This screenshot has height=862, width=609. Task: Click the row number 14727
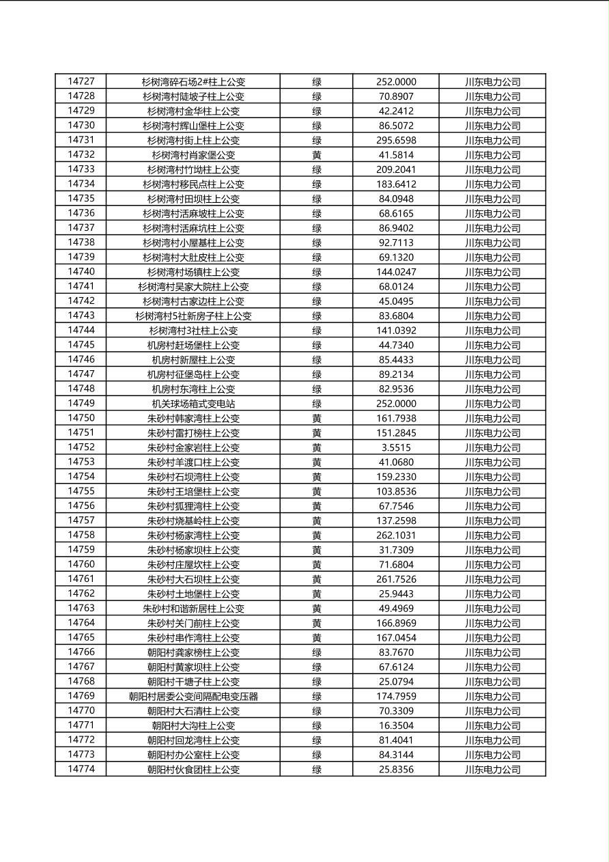coord(81,81)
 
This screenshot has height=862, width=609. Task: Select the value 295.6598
coord(396,140)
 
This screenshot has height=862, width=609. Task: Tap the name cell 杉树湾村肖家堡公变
coord(193,155)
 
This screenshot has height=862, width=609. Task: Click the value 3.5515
coord(396,447)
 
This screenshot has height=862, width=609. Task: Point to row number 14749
coord(81,403)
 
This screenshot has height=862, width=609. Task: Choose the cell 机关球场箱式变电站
coord(193,404)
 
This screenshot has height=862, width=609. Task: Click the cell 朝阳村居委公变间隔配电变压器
coord(193,696)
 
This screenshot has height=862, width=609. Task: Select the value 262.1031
coord(396,535)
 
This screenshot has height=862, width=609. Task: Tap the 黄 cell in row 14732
coord(317,155)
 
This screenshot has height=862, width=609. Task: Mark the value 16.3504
coord(396,725)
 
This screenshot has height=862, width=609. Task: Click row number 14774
coord(81,769)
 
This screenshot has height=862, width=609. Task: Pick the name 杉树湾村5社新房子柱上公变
coord(193,316)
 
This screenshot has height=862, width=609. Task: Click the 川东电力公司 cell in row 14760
coord(492,564)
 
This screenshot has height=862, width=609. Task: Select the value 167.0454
coord(396,637)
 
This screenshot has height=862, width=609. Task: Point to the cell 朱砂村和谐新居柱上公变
coord(193,608)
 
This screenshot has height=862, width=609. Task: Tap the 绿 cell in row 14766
coord(317,652)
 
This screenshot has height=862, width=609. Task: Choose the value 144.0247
coord(396,272)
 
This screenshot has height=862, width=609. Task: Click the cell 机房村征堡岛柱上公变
coord(193,374)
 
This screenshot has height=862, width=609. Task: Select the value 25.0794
coord(396,682)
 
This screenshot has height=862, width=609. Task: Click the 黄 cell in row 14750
coord(317,418)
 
